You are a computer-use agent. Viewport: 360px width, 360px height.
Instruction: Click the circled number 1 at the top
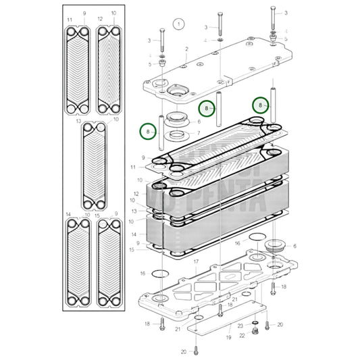pyautogui.click(x=178, y=23)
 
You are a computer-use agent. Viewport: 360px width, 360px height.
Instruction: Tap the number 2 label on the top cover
pyautogui.click(x=186, y=49)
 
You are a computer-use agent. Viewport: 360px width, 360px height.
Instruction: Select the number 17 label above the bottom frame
pyautogui.click(x=195, y=261)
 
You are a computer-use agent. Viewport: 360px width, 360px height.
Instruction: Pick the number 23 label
pyautogui.click(x=240, y=326)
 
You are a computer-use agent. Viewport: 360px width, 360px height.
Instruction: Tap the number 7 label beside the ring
pyautogui.click(x=198, y=133)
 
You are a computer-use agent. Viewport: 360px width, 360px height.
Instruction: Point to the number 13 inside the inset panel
pyautogui.click(x=79, y=122)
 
